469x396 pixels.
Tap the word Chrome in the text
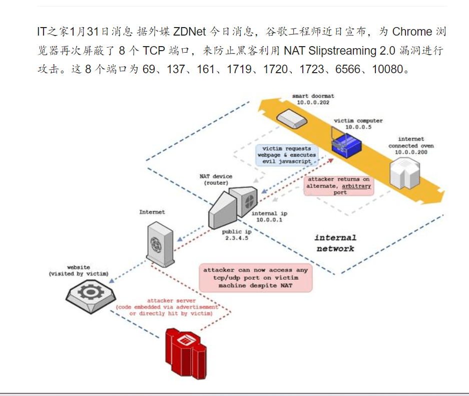tap(412, 32)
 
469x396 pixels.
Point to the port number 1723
tap(313, 69)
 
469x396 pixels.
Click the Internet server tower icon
tap(161, 244)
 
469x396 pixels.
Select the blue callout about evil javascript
tap(286, 155)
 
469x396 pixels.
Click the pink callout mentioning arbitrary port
tap(339, 185)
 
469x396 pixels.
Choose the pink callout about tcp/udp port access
tap(255, 277)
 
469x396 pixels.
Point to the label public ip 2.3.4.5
tap(235, 235)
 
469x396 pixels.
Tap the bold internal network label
tap(335, 243)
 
